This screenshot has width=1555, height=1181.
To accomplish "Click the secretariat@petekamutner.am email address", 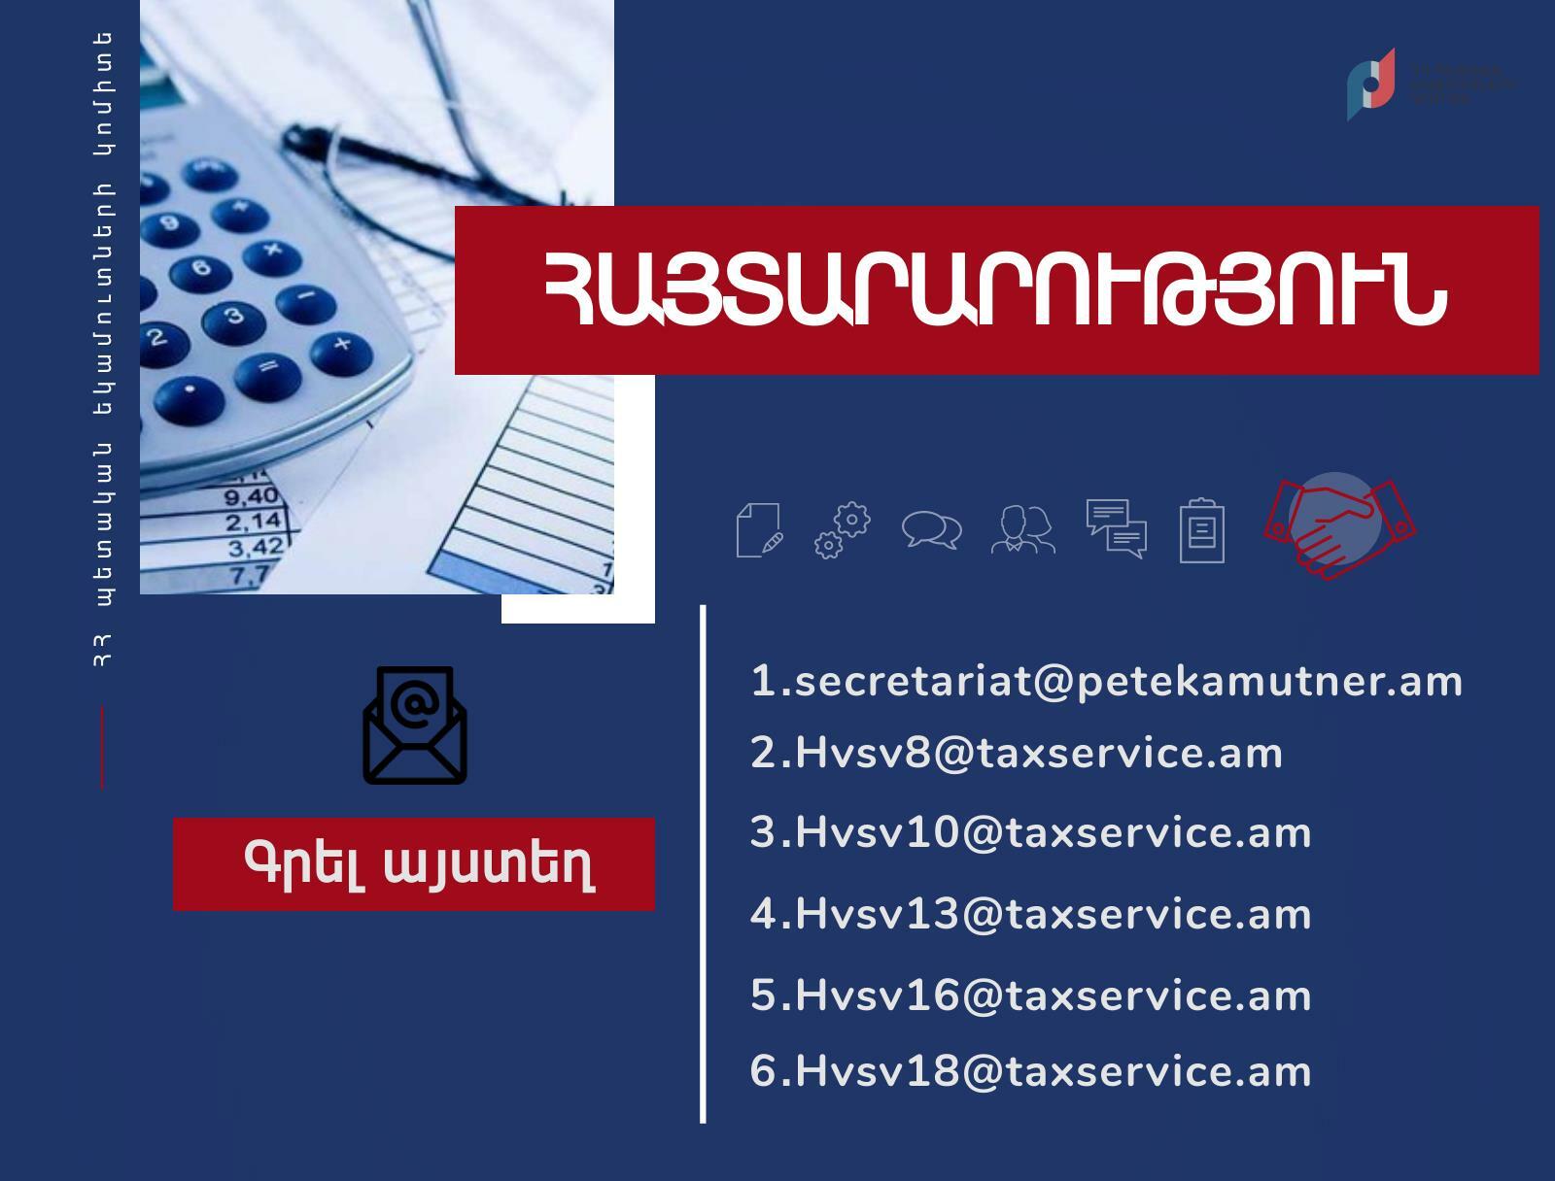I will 1106,681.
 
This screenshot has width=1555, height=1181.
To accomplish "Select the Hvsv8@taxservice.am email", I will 1017,754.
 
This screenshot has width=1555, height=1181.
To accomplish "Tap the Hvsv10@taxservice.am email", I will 1030,833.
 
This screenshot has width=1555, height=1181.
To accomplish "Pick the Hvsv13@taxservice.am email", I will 1030,914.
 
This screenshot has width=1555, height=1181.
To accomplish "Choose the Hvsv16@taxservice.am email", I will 1030,995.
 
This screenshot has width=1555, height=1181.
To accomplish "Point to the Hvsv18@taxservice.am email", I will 1030,1072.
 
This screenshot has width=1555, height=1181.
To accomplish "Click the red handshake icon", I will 1338,526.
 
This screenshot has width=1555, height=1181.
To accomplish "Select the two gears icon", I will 842,530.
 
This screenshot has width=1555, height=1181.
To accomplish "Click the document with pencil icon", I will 760,530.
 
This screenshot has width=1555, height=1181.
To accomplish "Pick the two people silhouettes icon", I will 1022,530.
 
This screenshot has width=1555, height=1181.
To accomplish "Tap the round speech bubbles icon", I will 931,530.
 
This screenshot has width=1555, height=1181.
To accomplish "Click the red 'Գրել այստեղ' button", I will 414,863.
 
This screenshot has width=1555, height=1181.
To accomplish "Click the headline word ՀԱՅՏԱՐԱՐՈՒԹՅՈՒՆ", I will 996,290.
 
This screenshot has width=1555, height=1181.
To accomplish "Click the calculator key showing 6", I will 201,268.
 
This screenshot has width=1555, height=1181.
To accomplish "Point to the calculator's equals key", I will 267,368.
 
